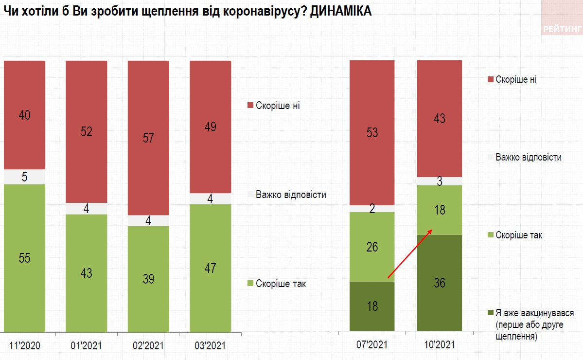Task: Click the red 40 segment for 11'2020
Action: pos(24,115)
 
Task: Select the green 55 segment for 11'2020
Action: pos(24,258)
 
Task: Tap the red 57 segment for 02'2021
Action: pos(148,138)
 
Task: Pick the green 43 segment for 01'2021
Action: pos(87,272)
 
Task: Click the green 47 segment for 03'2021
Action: pos(210,268)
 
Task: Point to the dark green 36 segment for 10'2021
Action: pos(439,283)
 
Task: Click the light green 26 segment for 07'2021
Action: pos(372,247)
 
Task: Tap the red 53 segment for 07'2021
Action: pos(372,132)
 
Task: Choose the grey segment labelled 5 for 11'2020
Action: pos(24,177)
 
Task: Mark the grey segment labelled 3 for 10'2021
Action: pos(439,181)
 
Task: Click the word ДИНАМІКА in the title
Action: pos(340,12)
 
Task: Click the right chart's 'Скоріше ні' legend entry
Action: pos(516,79)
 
